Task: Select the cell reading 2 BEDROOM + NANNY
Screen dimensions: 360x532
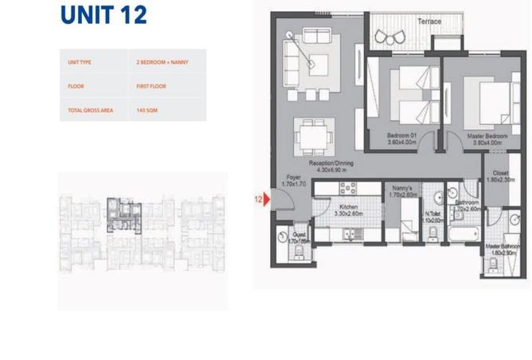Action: tap(162, 61)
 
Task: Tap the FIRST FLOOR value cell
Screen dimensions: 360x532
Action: tap(151, 85)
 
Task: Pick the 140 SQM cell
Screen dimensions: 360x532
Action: tap(147, 109)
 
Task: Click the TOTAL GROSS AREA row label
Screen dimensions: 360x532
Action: tap(87, 109)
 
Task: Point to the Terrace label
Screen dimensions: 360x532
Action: tap(430, 22)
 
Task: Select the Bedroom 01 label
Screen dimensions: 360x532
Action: tap(402, 136)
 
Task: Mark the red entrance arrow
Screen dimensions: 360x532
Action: tap(268, 199)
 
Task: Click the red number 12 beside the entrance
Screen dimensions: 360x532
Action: tap(258, 199)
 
